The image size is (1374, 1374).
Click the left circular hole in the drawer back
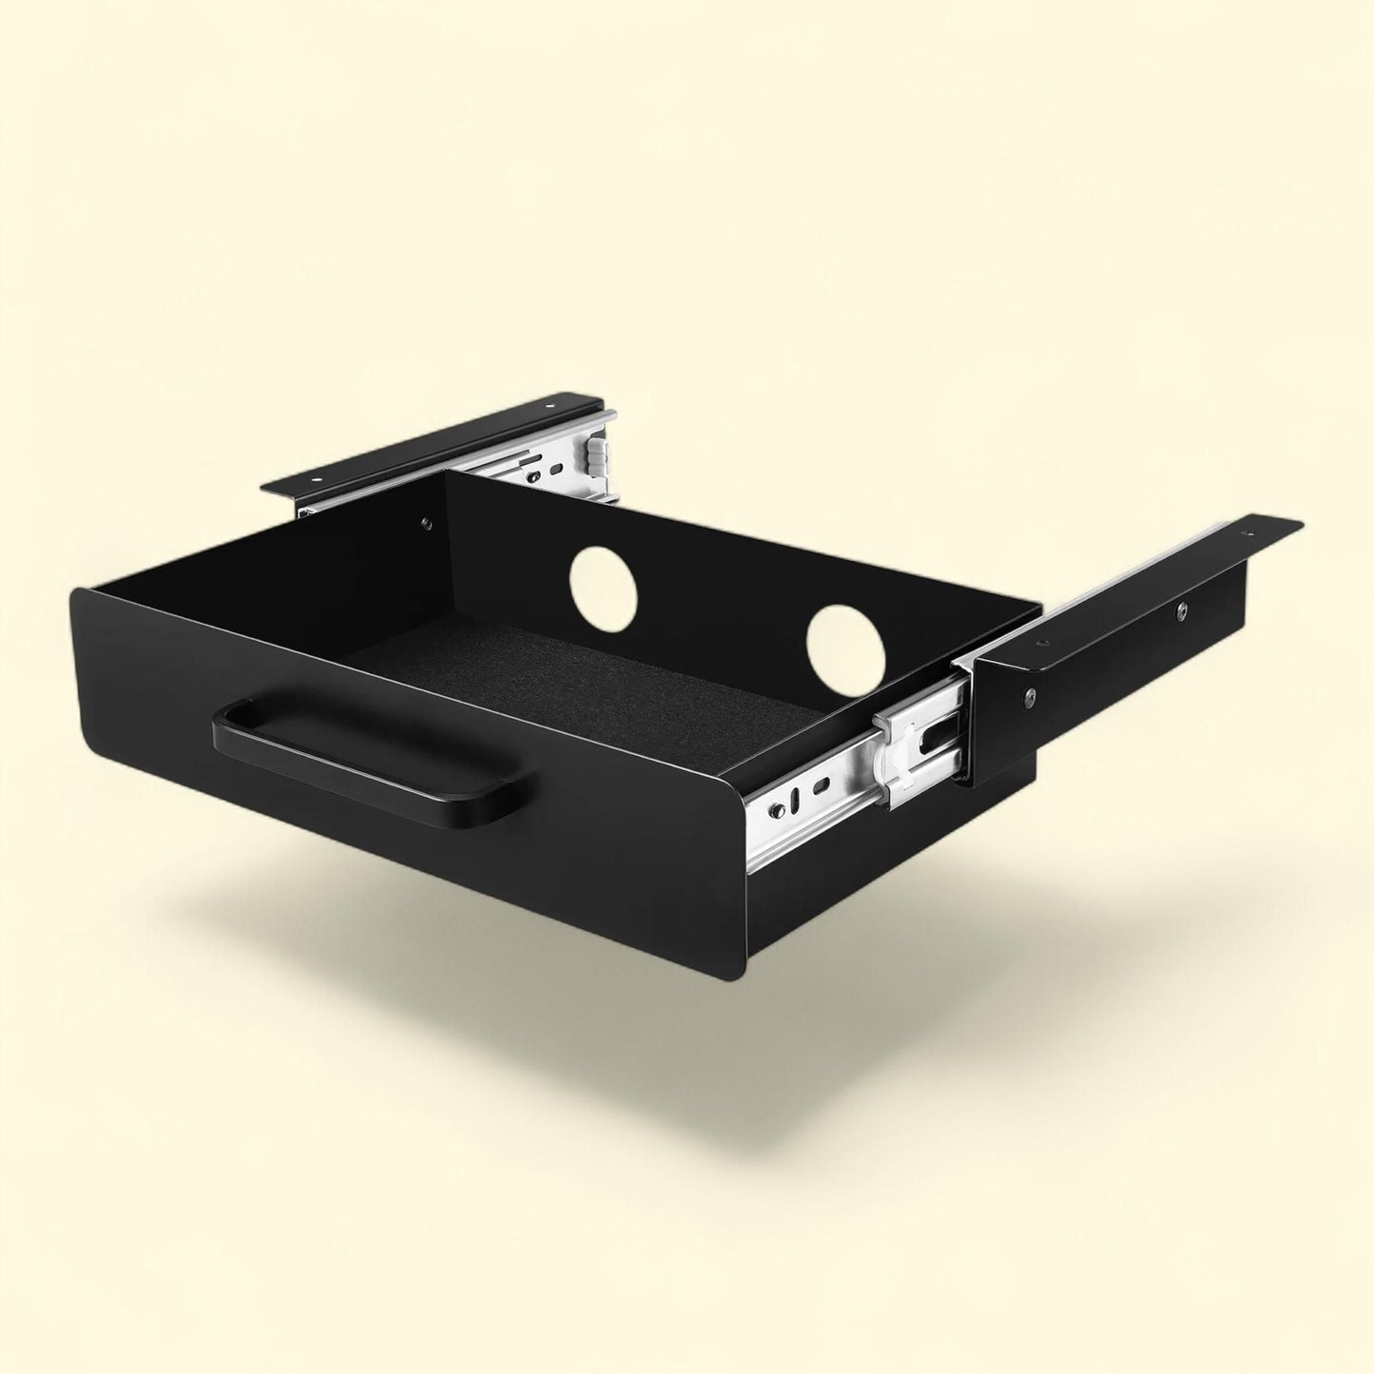click(x=604, y=588)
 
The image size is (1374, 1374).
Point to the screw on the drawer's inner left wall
click(x=425, y=521)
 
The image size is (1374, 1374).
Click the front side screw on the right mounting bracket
click(x=1030, y=701)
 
